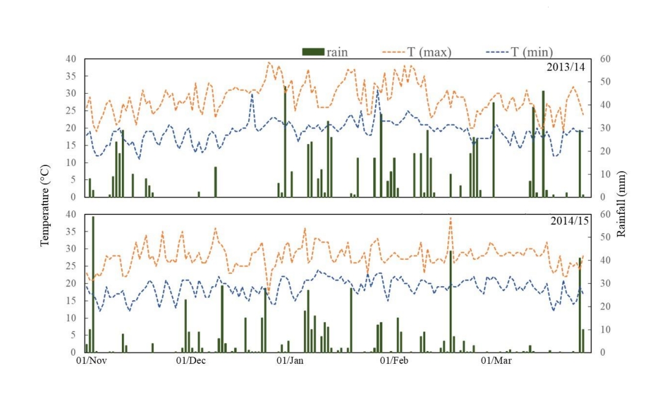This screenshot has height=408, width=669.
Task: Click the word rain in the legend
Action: pos(337,52)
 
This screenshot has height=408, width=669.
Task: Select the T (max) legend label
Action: pos(429,52)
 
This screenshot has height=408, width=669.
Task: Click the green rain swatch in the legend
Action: pos(313,52)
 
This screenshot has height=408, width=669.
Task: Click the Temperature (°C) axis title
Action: pos(45,205)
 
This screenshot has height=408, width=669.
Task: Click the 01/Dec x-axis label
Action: pos(191,361)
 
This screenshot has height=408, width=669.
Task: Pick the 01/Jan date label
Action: pos(291,361)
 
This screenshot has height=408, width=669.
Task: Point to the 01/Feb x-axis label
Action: pos(394,361)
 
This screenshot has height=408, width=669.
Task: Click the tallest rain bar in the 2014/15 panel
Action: pos(93,284)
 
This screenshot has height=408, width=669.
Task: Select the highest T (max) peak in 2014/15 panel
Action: pos(450,218)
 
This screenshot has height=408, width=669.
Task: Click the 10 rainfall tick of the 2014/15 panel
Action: pos(595,330)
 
